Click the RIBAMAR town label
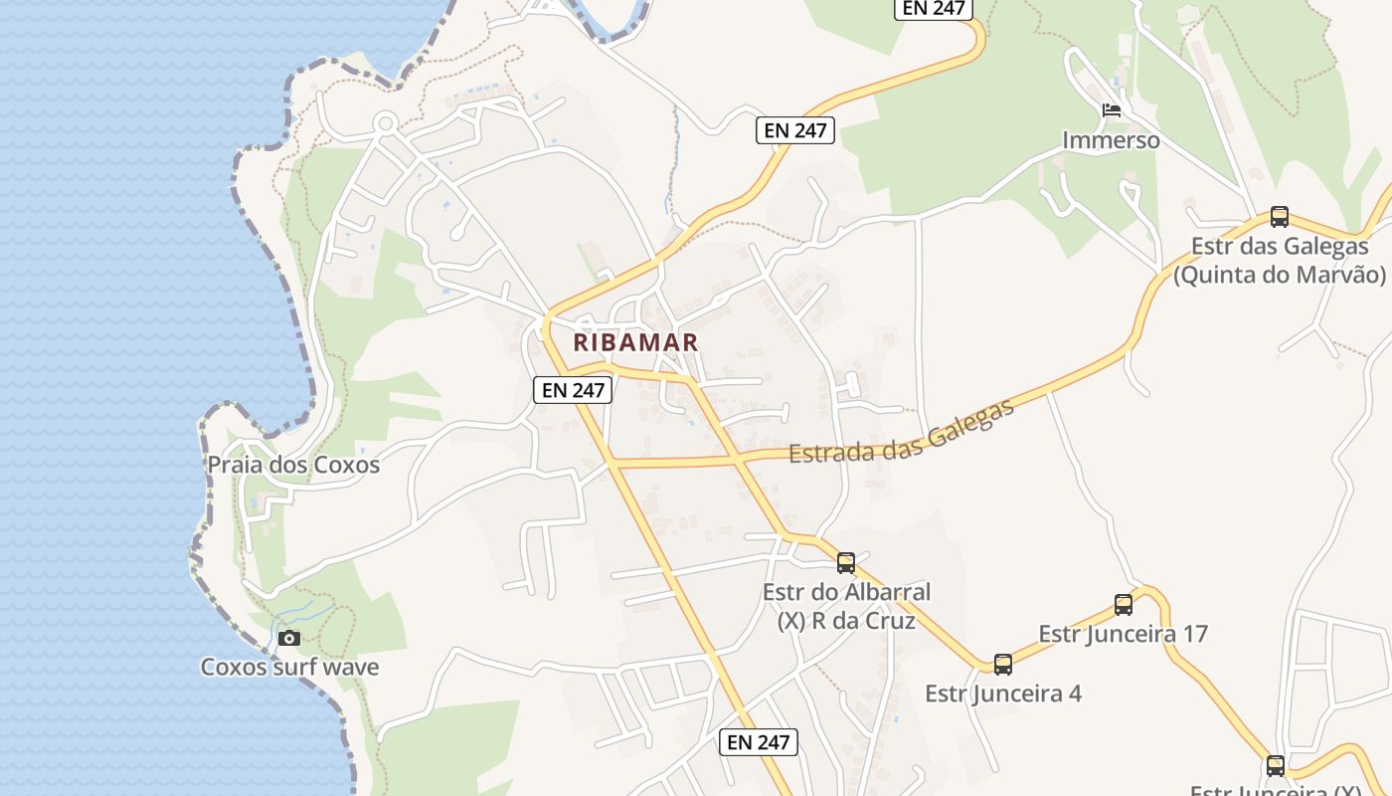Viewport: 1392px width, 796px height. [x=635, y=342]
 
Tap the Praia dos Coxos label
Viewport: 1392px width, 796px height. [x=293, y=465]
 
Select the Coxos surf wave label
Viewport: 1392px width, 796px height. [x=289, y=667]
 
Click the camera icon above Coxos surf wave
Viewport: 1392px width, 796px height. [x=289, y=638]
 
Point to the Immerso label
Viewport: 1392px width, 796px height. [x=1111, y=140]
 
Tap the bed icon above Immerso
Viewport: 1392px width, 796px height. [x=1112, y=109]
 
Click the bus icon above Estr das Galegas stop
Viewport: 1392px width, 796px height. [x=1280, y=217]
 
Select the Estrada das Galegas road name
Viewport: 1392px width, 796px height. [x=901, y=433]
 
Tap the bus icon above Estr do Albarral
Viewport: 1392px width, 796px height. [x=846, y=563]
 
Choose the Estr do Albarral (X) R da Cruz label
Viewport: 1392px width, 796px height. [x=846, y=606]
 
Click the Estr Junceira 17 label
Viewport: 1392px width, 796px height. [x=1123, y=634]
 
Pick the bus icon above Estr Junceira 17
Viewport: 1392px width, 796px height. [x=1124, y=604]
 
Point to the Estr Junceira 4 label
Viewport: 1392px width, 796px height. [x=1002, y=694]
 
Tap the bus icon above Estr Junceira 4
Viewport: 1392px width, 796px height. [x=1003, y=664]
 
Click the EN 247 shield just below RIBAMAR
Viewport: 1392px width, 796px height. [x=573, y=390]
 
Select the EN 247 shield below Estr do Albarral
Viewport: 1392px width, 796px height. [x=759, y=742]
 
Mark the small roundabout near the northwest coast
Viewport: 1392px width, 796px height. [x=386, y=123]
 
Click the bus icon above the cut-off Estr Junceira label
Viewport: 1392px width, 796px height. [x=1276, y=766]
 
